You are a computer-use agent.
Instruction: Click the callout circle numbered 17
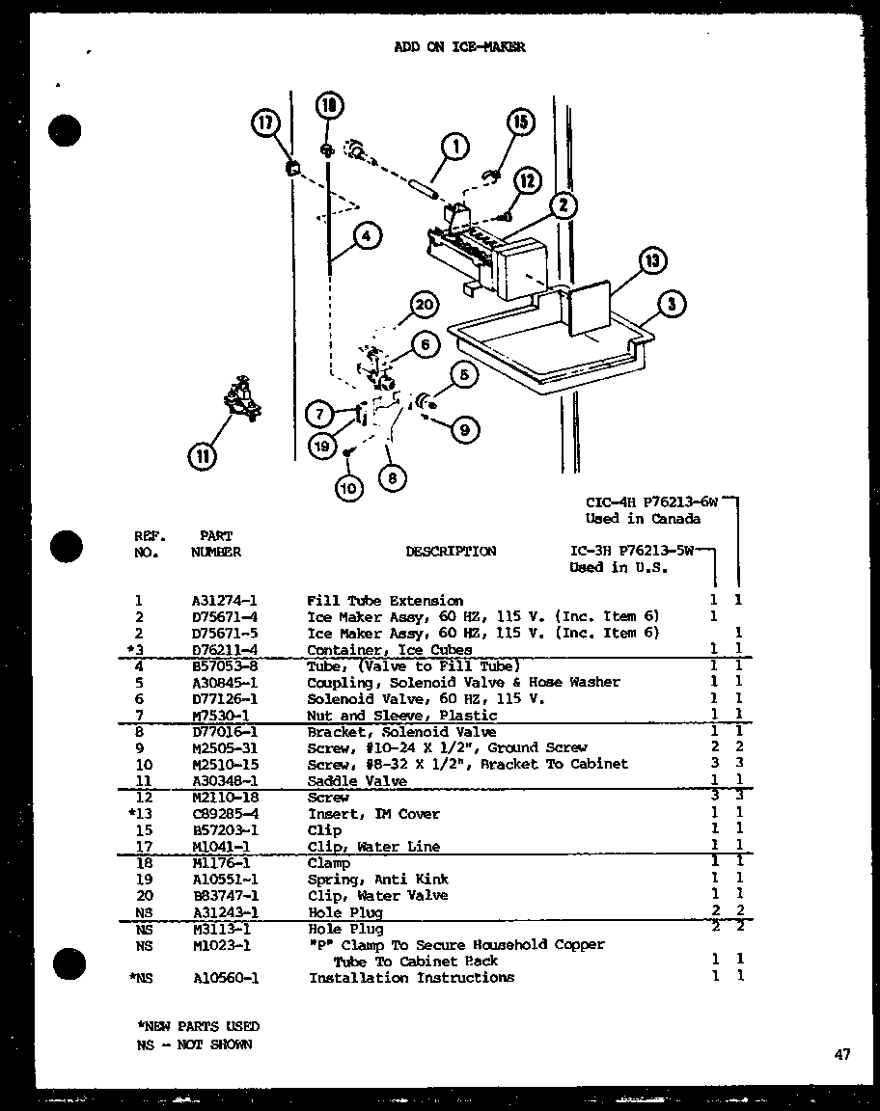click(264, 124)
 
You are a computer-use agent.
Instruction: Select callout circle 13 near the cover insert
click(653, 261)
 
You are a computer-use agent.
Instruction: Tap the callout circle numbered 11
click(203, 456)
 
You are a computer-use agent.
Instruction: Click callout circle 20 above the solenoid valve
click(422, 306)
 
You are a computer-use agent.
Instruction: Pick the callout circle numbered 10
click(349, 489)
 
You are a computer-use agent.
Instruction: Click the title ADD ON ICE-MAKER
click(460, 47)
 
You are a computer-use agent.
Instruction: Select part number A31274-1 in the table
click(224, 600)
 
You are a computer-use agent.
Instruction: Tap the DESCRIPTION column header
click(451, 552)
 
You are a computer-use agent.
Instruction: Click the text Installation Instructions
click(411, 978)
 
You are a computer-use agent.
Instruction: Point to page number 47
click(842, 1055)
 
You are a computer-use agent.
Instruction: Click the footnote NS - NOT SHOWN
click(193, 1044)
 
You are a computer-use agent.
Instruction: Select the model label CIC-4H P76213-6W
click(652, 501)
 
